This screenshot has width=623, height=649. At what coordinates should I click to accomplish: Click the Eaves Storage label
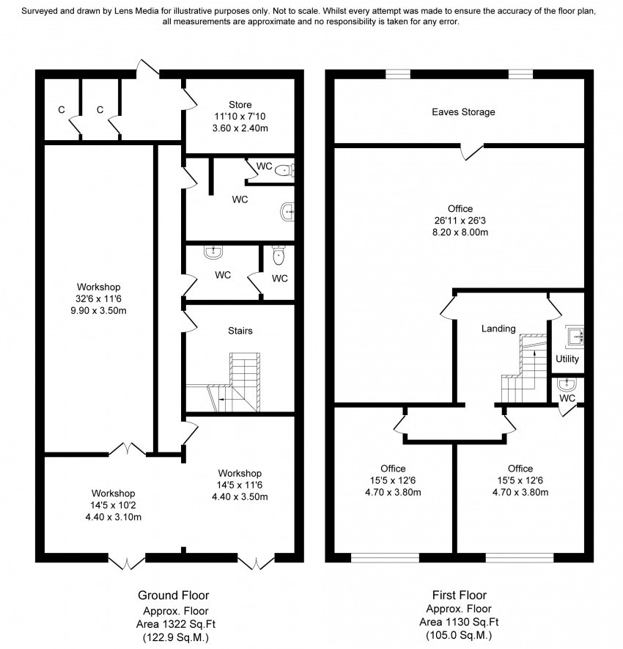click(x=463, y=112)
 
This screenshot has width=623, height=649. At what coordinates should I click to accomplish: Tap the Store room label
click(x=240, y=103)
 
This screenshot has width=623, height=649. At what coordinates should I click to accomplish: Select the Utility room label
click(x=567, y=359)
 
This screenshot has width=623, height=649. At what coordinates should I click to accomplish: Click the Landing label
click(x=498, y=329)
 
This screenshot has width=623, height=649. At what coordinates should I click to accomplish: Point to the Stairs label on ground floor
click(x=240, y=331)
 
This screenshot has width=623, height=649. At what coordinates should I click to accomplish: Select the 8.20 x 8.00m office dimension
click(x=462, y=232)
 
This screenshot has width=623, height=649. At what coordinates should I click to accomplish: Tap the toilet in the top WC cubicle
click(x=286, y=171)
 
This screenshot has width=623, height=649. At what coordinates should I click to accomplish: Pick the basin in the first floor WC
click(x=567, y=384)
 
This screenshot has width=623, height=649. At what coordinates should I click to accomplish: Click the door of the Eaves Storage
click(x=471, y=151)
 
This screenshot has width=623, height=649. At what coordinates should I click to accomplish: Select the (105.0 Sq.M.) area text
click(x=460, y=635)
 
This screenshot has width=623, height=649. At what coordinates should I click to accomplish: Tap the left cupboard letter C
click(x=62, y=110)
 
